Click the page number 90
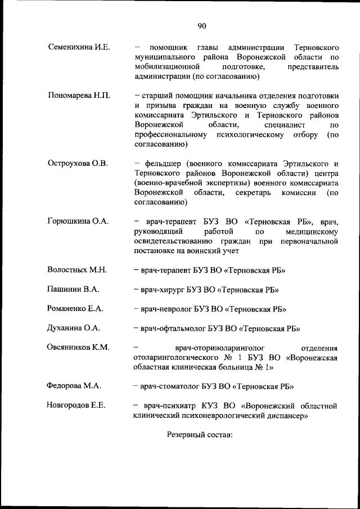coord(202,25)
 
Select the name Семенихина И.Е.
coord(79,47)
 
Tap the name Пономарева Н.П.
coord(79,95)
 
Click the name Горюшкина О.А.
coord(78,221)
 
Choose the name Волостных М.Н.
coord(78,270)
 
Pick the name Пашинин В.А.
coord(74,289)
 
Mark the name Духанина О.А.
coord(75,328)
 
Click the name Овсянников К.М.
coord(79,347)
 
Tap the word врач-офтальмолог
coord(174,328)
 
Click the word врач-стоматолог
coord(172,386)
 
